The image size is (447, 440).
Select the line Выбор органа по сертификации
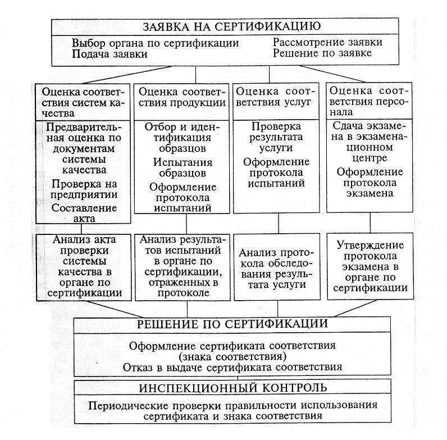(155, 43)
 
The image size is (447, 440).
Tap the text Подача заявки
(110, 55)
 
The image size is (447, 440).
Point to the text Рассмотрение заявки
(328, 43)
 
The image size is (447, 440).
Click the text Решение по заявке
(322, 54)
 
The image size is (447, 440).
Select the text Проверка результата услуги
(276, 138)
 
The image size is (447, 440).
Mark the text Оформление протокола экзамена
(368, 183)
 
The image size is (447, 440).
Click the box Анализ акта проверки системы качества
(84, 267)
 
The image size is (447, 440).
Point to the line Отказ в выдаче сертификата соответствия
(233, 367)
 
